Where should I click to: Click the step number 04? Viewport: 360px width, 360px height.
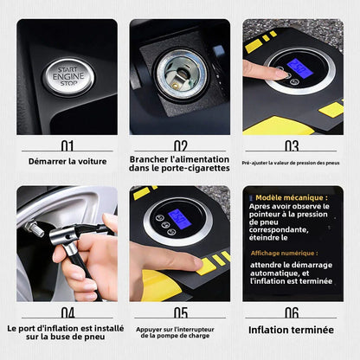coord(67,312)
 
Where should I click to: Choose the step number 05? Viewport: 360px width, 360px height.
coord(180,312)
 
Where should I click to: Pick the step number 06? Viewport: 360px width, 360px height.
coord(292,312)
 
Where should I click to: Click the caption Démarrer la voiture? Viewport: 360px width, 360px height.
coord(67,162)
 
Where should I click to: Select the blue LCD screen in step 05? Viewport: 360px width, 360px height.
coord(180,219)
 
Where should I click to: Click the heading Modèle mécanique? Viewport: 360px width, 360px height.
coord(289,197)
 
